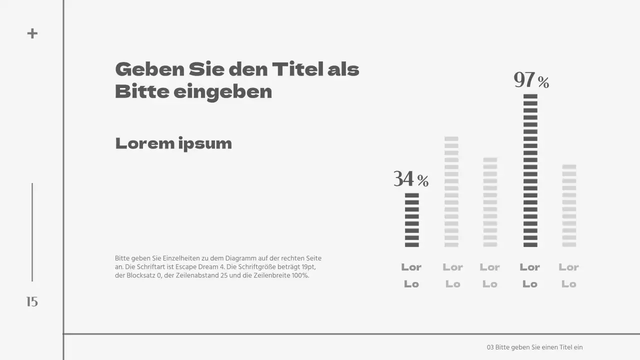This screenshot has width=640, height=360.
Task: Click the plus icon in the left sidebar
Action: (32, 33)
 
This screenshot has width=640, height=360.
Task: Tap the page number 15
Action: (32, 301)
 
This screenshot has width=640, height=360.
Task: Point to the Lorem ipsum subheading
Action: (173, 143)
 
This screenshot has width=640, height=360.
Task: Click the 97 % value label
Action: (531, 80)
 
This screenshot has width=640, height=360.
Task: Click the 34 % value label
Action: (411, 179)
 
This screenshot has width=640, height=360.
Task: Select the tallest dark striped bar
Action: (530, 170)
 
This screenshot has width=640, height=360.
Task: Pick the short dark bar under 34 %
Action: (411, 220)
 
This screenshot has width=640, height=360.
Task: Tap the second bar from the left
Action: (451, 191)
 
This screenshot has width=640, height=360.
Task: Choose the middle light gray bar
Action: (490, 202)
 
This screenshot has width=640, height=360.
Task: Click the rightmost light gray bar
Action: (569, 205)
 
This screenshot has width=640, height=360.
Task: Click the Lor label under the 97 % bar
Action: (529, 267)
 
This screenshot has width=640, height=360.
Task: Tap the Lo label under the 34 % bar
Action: (411, 284)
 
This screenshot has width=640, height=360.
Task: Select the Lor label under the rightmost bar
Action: (568, 267)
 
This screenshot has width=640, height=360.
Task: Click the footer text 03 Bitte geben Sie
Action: (534, 347)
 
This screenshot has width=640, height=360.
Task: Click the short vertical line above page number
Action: (32, 232)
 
